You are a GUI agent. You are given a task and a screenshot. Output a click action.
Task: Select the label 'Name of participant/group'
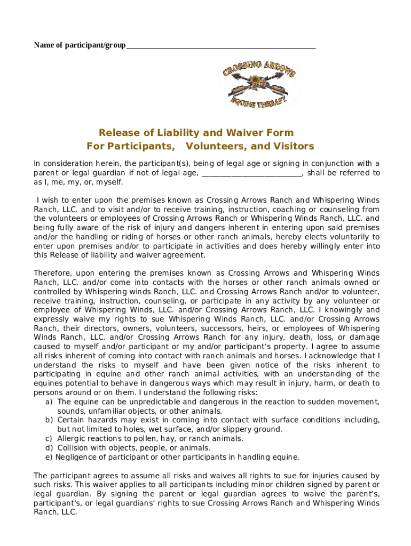[80, 45]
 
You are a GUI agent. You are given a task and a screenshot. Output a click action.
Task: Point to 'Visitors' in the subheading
[294, 146]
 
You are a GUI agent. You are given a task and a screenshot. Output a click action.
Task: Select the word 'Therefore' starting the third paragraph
[52, 273]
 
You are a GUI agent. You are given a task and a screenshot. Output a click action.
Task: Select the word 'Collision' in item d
[73, 448]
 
